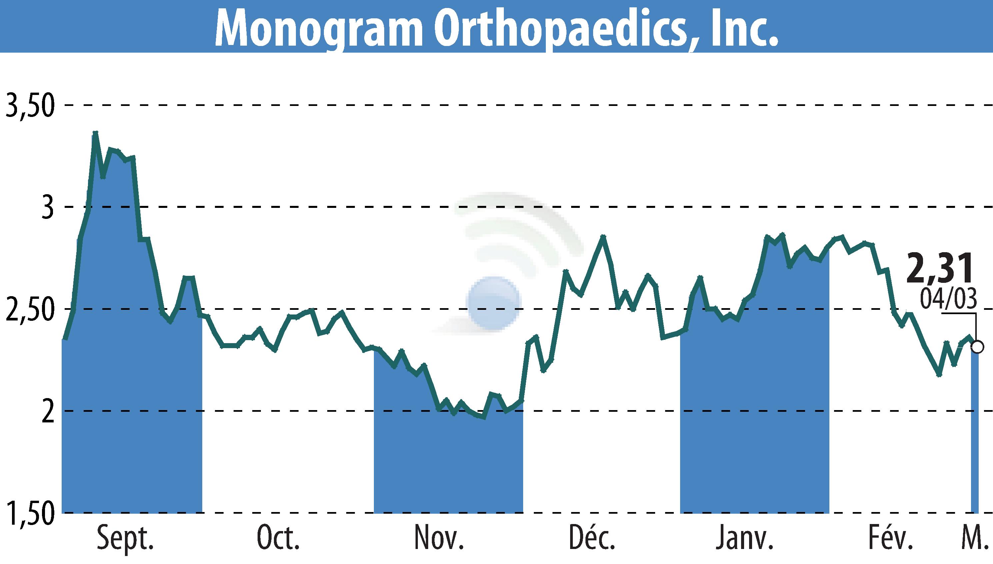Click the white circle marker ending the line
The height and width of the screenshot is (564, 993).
(978, 347)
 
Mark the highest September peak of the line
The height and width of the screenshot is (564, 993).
(95, 133)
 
